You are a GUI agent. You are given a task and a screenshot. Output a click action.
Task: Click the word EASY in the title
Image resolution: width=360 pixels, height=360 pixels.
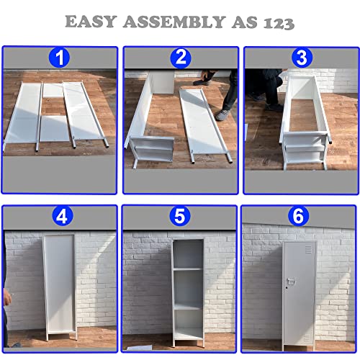tap(91, 22)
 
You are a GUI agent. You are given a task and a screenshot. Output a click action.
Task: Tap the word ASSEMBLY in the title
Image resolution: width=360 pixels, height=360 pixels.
tap(174, 22)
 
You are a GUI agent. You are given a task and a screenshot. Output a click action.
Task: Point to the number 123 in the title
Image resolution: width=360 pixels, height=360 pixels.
tap(279, 23)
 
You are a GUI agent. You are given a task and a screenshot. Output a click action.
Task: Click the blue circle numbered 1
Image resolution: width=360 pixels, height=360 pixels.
tap(59, 58)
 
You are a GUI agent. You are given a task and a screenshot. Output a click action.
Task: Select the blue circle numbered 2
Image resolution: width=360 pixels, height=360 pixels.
tap(181, 58)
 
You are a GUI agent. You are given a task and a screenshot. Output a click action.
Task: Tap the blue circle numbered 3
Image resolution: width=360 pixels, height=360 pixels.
tap(302, 58)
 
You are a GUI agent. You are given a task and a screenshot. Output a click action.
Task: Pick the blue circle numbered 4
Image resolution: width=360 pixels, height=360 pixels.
tap(62, 216)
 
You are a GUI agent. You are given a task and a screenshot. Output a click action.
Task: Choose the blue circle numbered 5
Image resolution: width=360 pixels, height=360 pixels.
tap(179, 216)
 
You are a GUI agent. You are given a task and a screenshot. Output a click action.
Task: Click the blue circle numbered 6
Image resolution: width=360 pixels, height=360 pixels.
tap(298, 215)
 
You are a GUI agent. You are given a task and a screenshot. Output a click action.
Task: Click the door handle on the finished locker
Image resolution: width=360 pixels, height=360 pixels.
tap(291, 281)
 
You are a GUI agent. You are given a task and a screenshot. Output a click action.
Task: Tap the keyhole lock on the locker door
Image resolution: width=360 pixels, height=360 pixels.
tap(286, 287)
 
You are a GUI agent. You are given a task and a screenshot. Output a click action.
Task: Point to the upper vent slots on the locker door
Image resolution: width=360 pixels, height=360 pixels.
tap(309, 250)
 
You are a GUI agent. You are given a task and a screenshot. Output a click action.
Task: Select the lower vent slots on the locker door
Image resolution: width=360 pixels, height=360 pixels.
tap(307, 338)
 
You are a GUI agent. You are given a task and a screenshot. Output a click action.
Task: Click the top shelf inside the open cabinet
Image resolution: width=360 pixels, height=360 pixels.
tap(188, 269)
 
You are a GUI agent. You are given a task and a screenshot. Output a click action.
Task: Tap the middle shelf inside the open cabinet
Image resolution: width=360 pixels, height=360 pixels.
tap(188, 307)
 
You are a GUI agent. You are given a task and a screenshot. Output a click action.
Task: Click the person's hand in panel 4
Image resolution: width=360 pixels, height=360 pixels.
tap(7, 297)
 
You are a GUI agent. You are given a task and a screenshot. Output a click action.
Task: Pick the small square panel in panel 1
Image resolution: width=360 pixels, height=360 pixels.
tap(53, 90)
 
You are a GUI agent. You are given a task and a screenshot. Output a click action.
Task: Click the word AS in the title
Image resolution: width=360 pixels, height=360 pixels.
tap(245, 22)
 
